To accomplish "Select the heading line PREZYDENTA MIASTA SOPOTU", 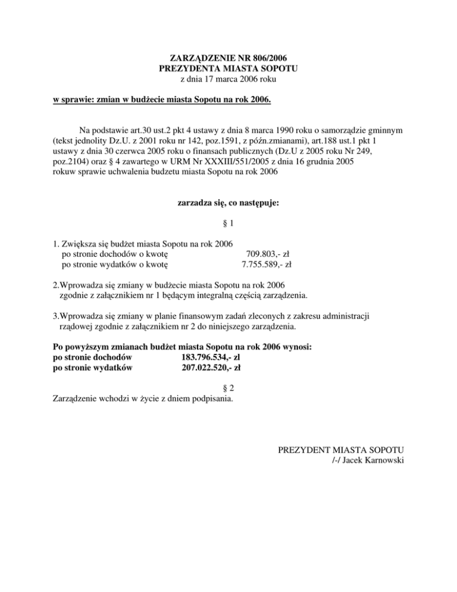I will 228,69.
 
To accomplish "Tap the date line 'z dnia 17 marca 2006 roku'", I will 228,79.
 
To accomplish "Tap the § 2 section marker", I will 228,388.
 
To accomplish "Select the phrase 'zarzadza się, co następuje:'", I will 228,202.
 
